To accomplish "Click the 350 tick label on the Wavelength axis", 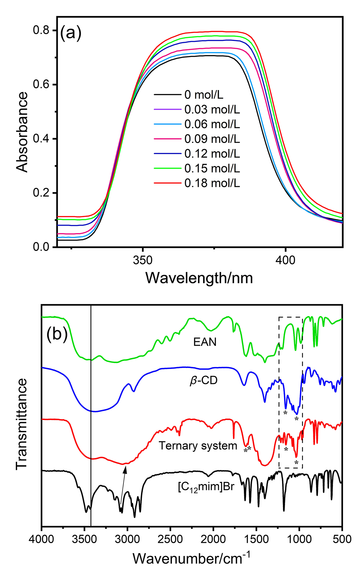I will tap(143, 261).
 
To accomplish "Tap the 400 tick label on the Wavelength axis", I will tap(285, 261).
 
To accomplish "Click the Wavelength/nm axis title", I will tap(199, 278).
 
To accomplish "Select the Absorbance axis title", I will tap(22, 132).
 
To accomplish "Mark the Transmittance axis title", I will tap(22, 424).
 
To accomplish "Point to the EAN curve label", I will tap(205, 342).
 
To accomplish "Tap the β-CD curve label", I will tap(204, 381).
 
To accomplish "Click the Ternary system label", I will tap(198, 446).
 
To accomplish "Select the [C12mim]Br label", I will tap(206, 486).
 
